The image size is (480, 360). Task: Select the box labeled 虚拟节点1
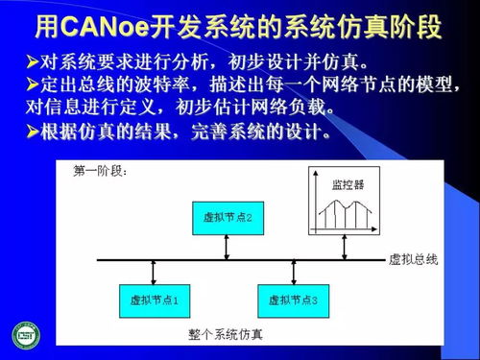(155, 300)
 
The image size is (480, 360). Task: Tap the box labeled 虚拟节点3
(295, 300)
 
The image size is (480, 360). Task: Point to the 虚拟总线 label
(413, 259)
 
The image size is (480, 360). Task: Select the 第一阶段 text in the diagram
(102, 173)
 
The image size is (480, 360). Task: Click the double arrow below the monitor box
(346, 246)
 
